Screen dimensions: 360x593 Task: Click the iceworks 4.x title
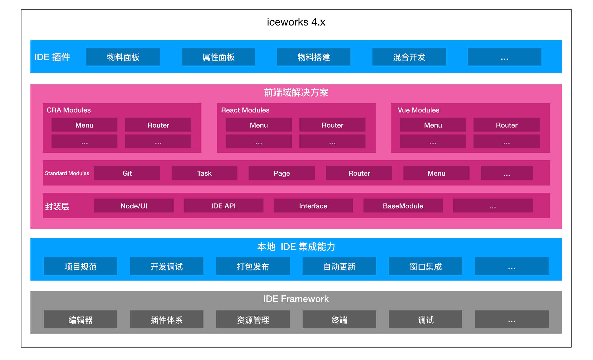pos(296,22)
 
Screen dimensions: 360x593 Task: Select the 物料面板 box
pos(123,57)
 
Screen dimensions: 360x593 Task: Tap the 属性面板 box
pos(218,57)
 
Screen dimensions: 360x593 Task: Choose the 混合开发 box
pos(409,57)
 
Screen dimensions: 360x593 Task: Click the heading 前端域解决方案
pos(296,92)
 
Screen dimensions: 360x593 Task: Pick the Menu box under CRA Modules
pos(84,125)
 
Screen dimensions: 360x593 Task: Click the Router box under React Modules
pos(332,125)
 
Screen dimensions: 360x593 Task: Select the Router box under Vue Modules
pos(506,125)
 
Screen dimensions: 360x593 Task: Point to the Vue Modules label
pos(418,110)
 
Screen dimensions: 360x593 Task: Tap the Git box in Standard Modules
pos(127,173)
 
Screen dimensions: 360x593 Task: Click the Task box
pos(204,173)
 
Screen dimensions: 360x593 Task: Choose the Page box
pos(281,173)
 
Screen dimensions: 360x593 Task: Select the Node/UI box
pos(134,206)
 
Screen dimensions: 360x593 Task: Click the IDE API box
pos(223,206)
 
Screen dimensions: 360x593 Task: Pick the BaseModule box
pos(403,206)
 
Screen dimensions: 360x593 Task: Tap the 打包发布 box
pos(253,266)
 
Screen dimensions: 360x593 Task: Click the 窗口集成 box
pos(425,266)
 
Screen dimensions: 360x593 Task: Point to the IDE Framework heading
pos(296,299)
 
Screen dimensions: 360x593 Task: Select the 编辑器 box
pos(80,319)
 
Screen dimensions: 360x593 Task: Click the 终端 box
pos(339,319)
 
